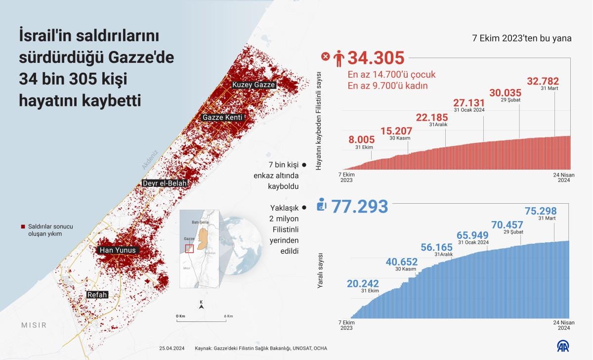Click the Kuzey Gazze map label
[x=254, y=85]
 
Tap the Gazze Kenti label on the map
[x=222, y=118]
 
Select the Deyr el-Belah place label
[x=165, y=183]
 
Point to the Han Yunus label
[x=118, y=251]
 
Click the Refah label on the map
[x=97, y=295]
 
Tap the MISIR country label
[x=34, y=325]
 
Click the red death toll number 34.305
[x=376, y=58]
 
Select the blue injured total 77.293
[x=359, y=206]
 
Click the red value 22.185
[x=431, y=118]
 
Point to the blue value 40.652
[x=402, y=262]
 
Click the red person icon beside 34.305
[x=339, y=59]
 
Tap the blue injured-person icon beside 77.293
[x=322, y=204]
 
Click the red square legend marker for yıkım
[x=23, y=226]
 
